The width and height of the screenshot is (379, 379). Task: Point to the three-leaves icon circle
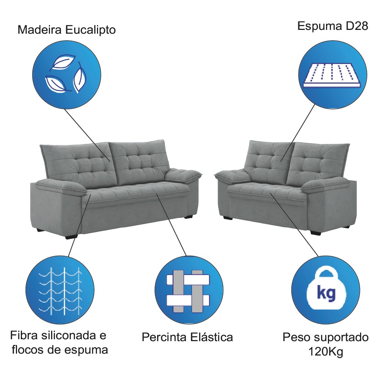(x=67, y=75)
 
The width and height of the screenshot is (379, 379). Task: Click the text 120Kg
(x=326, y=352)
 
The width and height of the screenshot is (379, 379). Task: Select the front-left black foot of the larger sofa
(x=71, y=237)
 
